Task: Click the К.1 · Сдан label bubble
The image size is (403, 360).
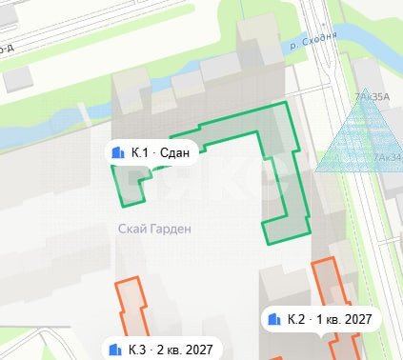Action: [151, 152]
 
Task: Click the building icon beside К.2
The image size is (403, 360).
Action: [274, 318]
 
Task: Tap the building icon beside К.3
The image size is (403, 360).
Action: [115, 349]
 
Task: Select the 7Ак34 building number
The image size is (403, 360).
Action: [387, 157]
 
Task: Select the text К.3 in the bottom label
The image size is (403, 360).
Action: [137, 349]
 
